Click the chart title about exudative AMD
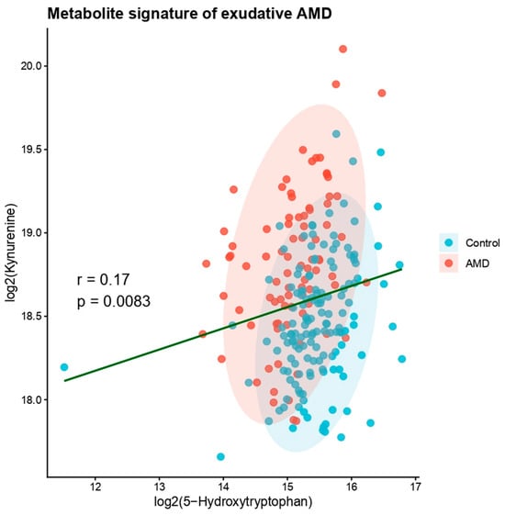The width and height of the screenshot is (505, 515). [x=189, y=14]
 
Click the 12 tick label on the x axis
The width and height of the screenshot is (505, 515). [x=95, y=487]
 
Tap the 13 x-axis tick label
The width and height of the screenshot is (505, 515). [x=160, y=487]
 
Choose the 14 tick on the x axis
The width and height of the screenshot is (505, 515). [x=223, y=487]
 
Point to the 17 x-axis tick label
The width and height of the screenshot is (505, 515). [x=415, y=487]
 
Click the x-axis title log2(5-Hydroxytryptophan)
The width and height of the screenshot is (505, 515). [x=233, y=502]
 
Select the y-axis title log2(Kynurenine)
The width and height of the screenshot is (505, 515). [x=10, y=253]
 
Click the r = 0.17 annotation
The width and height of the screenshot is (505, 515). [x=103, y=280]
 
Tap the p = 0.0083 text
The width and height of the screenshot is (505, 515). [x=114, y=301]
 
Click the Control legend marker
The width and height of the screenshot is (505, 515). [x=448, y=242]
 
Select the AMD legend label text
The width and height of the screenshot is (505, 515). [x=477, y=263]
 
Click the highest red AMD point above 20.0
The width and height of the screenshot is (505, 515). [x=343, y=50]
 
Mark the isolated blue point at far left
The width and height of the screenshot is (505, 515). [x=64, y=367]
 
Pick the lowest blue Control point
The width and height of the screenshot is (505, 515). [x=220, y=457]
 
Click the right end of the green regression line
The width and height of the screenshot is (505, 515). [x=401, y=270]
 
